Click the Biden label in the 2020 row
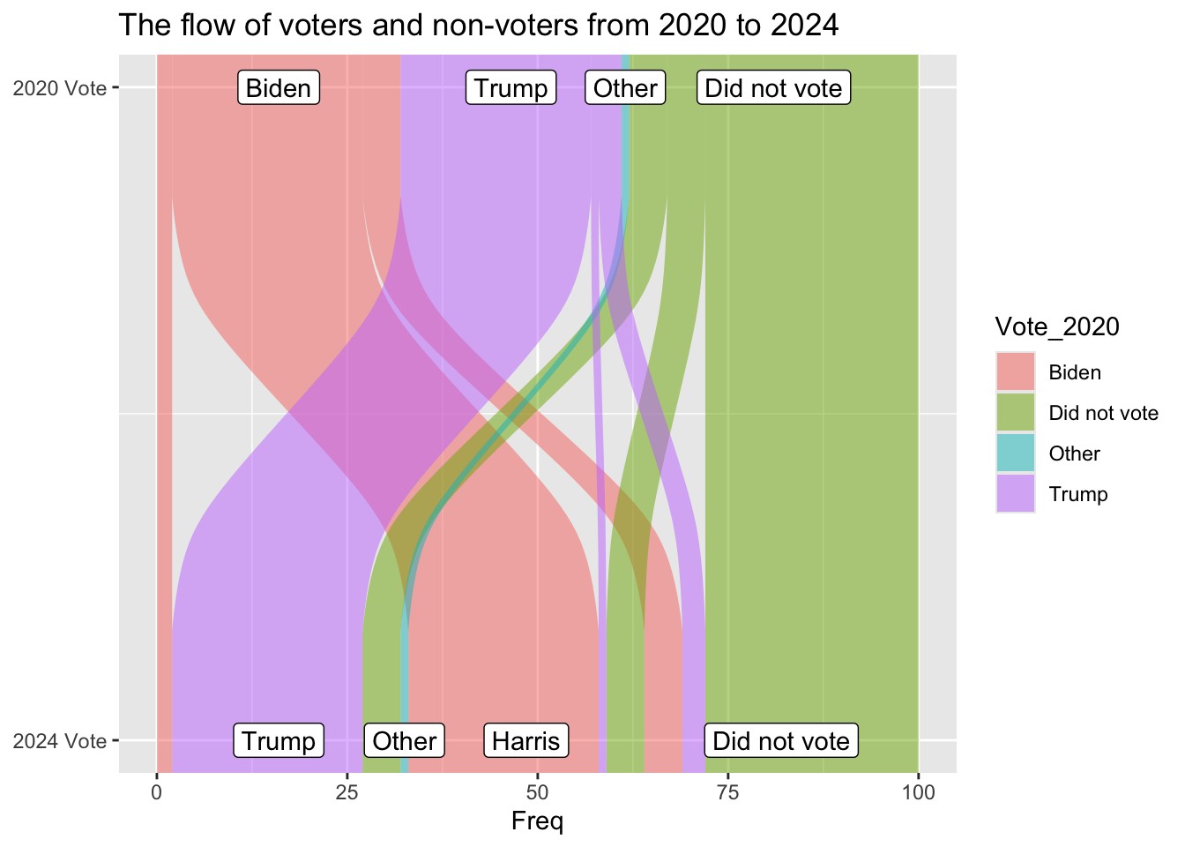coord(278,88)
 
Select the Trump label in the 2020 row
coord(511,88)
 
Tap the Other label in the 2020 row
coord(625,88)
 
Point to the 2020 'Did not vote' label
coord(774,88)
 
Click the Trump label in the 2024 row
coord(279,741)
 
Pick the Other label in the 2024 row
coord(404,741)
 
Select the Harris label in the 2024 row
coord(526,741)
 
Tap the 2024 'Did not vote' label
coord(781,741)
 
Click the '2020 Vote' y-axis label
coord(60,88)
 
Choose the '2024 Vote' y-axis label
coord(60,741)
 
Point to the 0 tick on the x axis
coord(157,791)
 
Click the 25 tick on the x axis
coord(347,791)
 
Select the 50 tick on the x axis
coord(538,791)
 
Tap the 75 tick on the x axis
coord(728,791)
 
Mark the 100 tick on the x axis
coord(919,791)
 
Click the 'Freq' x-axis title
coord(537,822)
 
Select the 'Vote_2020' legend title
coord(1057,326)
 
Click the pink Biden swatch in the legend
coord(1016,372)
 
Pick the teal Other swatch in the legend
coord(1016,453)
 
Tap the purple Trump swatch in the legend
coord(1016,494)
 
